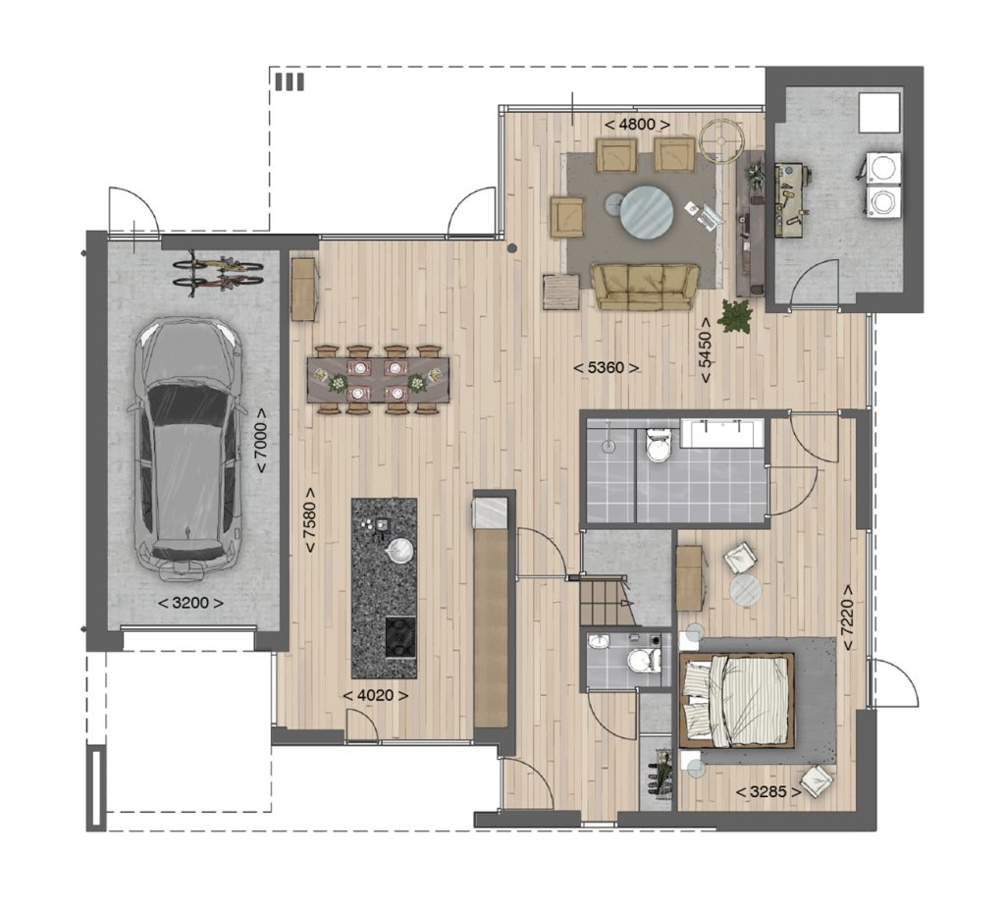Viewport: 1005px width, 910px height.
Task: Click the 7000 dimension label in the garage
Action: coord(261,440)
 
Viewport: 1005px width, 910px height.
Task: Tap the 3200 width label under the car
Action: coord(191,603)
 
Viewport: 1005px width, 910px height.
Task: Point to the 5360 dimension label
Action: coord(606,368)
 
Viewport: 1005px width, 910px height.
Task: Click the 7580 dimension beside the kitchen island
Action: coord(310,520)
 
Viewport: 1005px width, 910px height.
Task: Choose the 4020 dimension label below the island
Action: coord(376,695)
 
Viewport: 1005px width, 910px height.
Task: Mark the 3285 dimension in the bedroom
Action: coord(767,792)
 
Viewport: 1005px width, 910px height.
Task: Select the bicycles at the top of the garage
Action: coord(218,273)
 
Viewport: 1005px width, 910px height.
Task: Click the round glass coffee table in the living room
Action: coord(647,211)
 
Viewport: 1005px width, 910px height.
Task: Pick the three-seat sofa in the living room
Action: coord(645,287)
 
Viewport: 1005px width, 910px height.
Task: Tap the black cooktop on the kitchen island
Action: coord(400,637)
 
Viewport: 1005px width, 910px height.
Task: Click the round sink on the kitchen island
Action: coord(400,550)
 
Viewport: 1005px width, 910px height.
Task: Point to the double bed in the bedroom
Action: coord(737,700)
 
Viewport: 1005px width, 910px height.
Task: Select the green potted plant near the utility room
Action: coord(735,316)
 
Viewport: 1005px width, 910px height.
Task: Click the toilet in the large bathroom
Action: coord(658,445)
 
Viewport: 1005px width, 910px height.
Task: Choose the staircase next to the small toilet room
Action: coord(606,600)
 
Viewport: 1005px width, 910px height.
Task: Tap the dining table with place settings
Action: coord(378,380)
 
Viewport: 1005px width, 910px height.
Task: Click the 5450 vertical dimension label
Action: coord(706,350)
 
